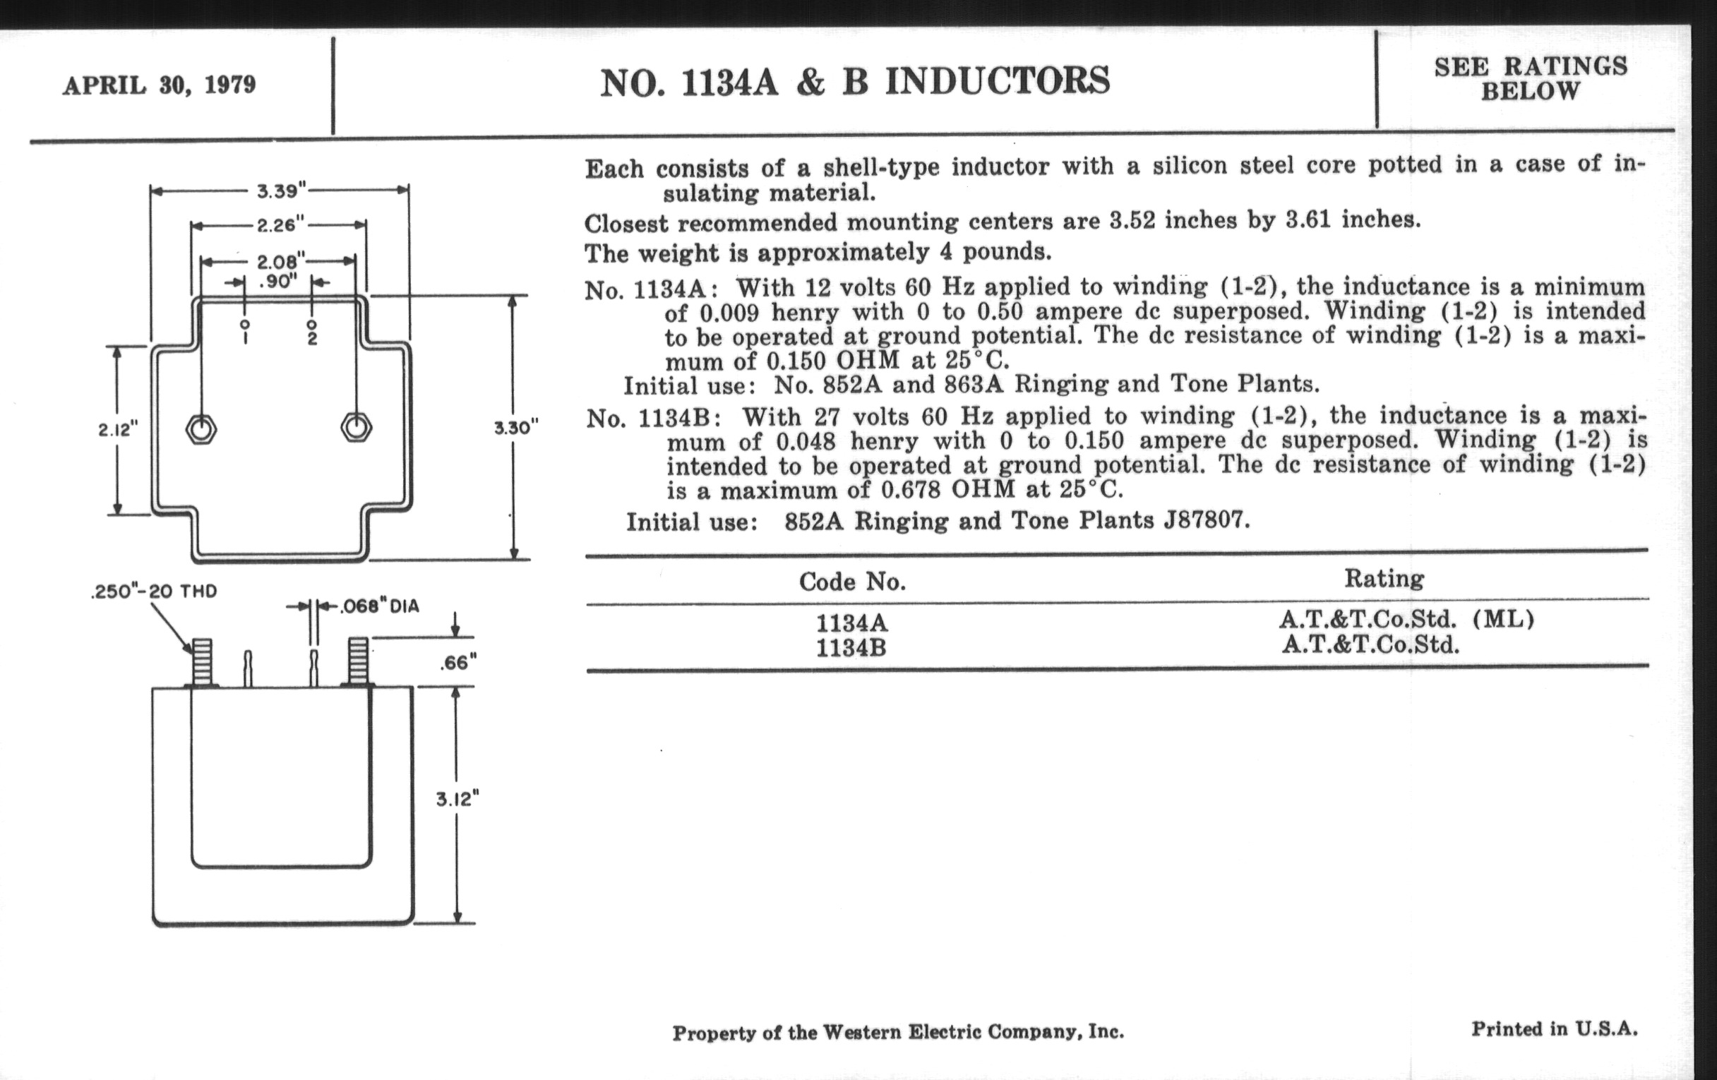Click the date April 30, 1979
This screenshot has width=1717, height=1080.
pyautogui.click(x=159, y=85)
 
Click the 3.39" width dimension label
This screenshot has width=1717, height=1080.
pyautogui.click(x=281, y=191)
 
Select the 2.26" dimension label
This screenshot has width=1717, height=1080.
pyautogui.click(x=280, y=225)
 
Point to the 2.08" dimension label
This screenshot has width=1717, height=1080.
pyautogui.click(x=280, y=261)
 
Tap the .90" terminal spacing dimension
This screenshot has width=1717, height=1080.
pyautogui.click(x=278, y=282)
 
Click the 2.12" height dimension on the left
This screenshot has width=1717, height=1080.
pyautogui.click(x=118, y=430)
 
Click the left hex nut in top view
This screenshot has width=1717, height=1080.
pyautogui.click(x=201, y=429)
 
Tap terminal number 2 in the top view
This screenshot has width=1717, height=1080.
pyautogui.click(x=312, y=337)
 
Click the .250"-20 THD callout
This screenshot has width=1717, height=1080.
pyautogui.click(x=154, y=592)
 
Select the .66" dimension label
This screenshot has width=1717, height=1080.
pyautogui.click(x=457, y=663)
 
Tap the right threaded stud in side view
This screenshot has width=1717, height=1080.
pyautogui.click(x=358, y=661)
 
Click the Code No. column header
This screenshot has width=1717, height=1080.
pyautogui.click(x=852, y=582)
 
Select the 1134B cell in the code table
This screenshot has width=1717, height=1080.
pyautogui.click(x=851, y=648)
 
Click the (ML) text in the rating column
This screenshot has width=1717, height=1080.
pyautogui.click(x=1502, y=618)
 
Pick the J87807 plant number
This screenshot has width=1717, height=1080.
pyautogui.click(x=1207, y=520)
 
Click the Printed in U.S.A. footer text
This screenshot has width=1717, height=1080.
pyautogui.click(x=1555, y=1028)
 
